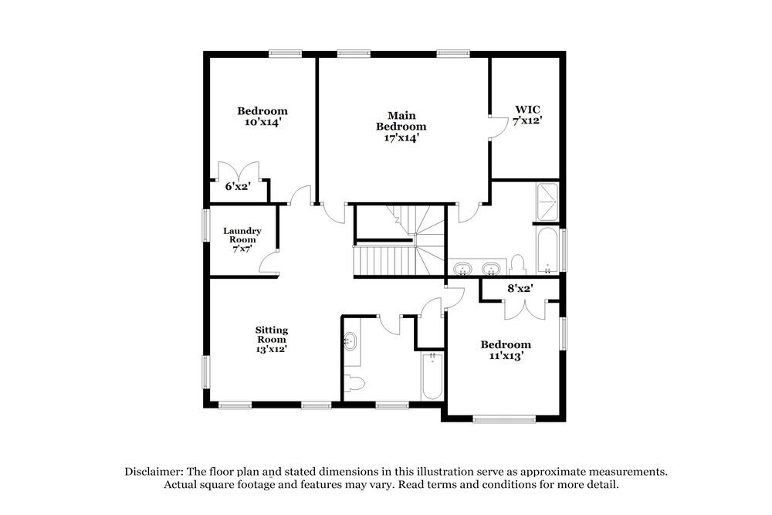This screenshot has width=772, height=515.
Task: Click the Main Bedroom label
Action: [401, 126]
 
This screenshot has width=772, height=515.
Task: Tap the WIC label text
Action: [528, 110]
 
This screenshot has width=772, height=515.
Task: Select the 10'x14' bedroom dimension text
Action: [262, 122]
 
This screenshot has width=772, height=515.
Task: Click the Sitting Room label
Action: [271, 339]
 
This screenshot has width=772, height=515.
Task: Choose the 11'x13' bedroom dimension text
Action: [506, 356]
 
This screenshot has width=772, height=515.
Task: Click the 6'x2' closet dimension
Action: [237, 186]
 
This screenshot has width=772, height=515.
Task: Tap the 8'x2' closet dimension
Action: [520, 289]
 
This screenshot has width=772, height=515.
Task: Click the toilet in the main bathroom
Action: [518, 264]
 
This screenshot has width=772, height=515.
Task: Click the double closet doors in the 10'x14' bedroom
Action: [239, 171]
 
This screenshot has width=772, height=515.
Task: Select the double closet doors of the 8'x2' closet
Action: [521, 307]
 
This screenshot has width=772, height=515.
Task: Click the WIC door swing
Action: [497, 126]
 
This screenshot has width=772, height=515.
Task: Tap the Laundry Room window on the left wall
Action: [205, 228]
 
